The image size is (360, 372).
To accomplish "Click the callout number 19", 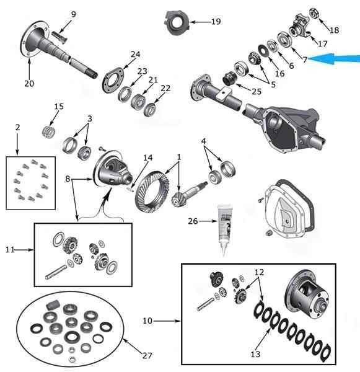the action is click(216, 22).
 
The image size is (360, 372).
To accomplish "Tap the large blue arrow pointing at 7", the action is click(334, 59).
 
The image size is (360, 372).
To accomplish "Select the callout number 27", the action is click(147, 355).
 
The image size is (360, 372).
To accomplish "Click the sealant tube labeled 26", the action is click(224, 230).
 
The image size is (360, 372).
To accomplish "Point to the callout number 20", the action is click(29, 83).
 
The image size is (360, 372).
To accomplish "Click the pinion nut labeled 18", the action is click(314, 13).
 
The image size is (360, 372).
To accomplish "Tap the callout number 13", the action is click(255, 354).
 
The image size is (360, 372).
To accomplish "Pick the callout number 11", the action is click(10, 250).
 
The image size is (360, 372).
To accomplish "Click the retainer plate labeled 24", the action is click(113, 80).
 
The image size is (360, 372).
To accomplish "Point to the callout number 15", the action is click(59, 107).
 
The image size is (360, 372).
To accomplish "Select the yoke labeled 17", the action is click(299, 27).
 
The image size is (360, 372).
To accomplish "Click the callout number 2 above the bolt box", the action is click(17, 127).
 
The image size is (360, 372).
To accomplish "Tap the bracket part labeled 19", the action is click(177, 23).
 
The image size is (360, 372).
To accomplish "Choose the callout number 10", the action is click(147, 321).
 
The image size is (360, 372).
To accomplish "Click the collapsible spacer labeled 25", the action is click(230, 78).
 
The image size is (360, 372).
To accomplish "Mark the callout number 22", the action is click(165, 88).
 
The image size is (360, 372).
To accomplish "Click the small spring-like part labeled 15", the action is click(49, 131).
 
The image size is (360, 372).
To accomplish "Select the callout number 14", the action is click(147, 157).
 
